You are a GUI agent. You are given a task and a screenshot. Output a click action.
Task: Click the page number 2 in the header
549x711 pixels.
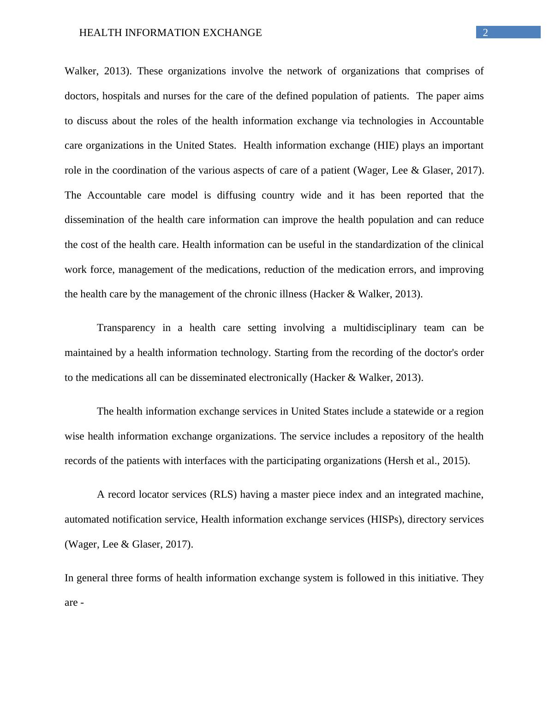[x=485, y=32]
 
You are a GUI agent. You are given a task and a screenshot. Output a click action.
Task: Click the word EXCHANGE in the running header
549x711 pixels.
[x=234, y=33]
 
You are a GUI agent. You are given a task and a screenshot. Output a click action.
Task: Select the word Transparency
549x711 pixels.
[x=126, y=328]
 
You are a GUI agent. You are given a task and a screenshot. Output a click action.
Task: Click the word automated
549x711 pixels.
[x=85, y=519]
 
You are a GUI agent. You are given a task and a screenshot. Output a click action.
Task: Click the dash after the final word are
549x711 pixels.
[x=82, y=603]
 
